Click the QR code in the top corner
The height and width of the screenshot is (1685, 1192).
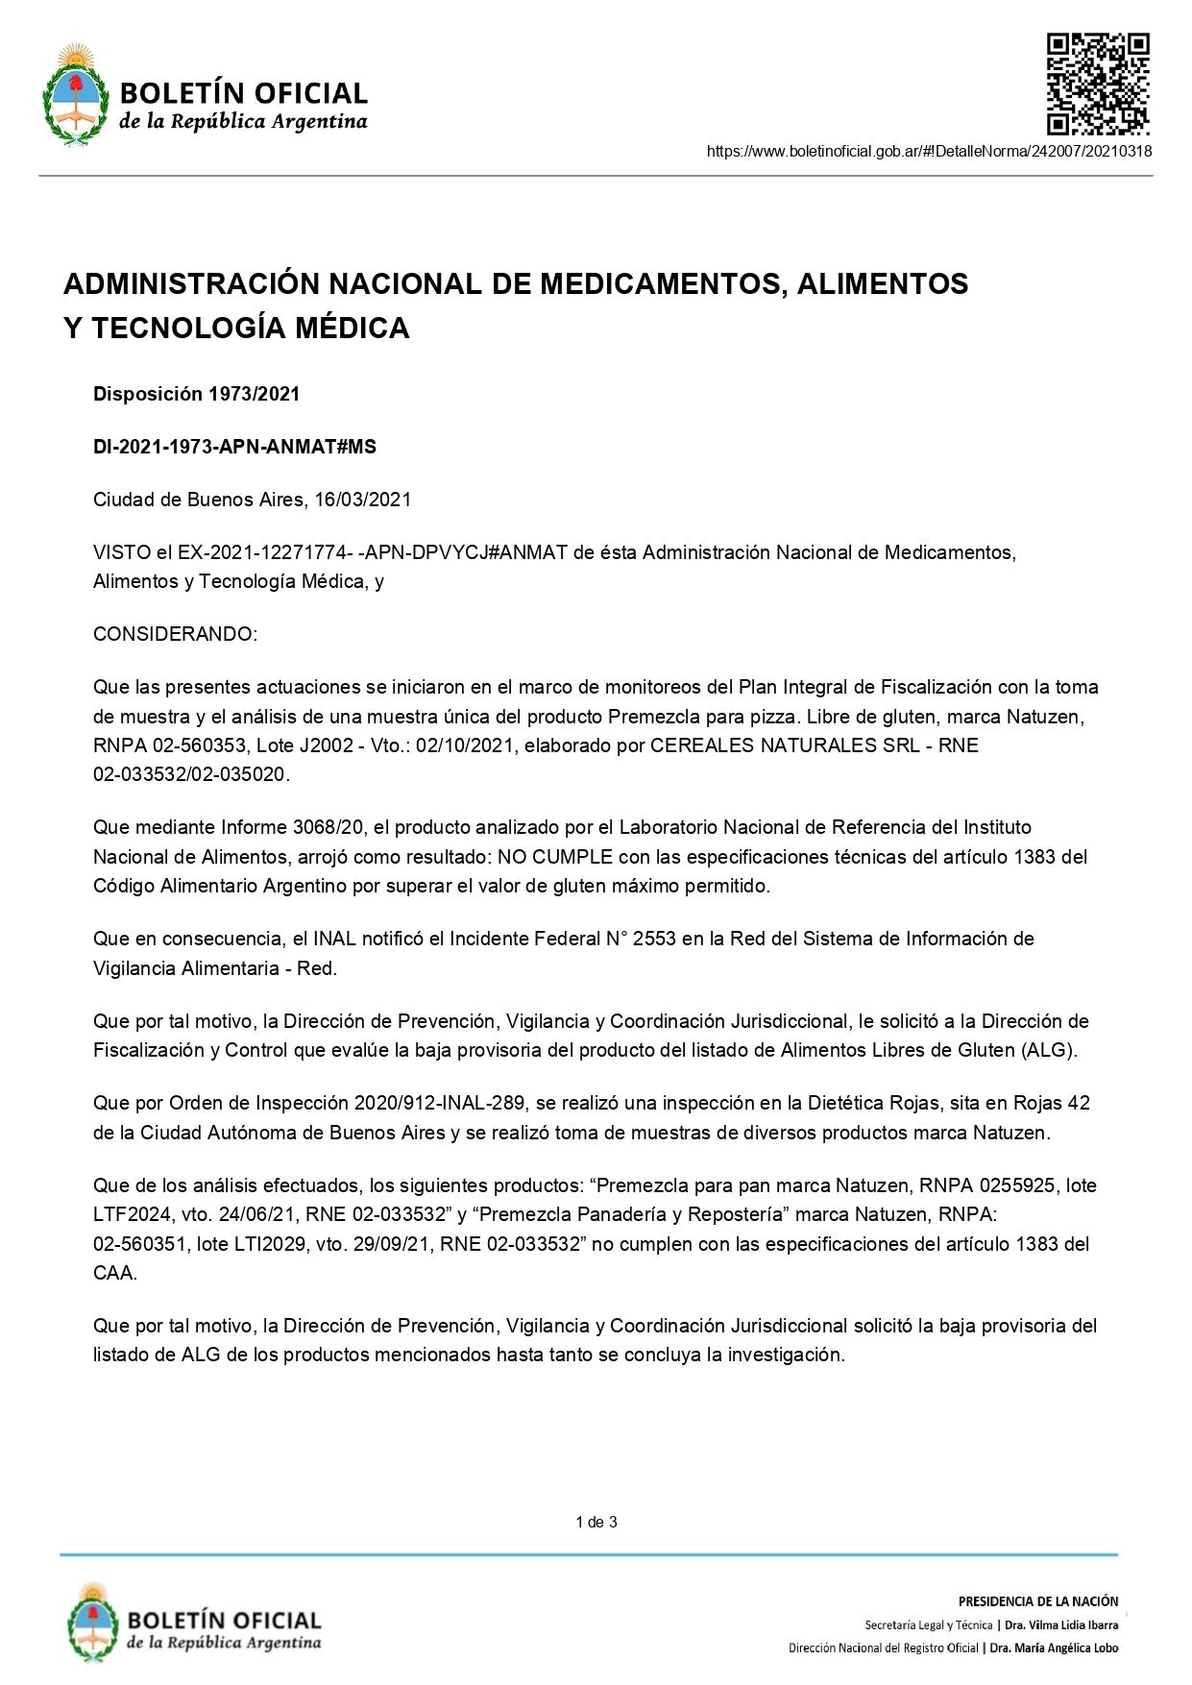pos(1097,84)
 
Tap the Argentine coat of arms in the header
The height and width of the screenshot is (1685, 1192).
pos(75,95)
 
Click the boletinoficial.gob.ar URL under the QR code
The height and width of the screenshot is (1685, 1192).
pos(929,151)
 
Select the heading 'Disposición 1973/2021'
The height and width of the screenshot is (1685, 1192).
pos(196,394)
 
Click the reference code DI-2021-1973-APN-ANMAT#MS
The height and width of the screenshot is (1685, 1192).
pos(234,447)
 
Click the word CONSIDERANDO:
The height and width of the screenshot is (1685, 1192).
pos(175,634)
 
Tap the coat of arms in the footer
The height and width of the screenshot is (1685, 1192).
pos(92,1624)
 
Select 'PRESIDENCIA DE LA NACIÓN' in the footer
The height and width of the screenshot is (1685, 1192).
pos(1037,1601)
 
